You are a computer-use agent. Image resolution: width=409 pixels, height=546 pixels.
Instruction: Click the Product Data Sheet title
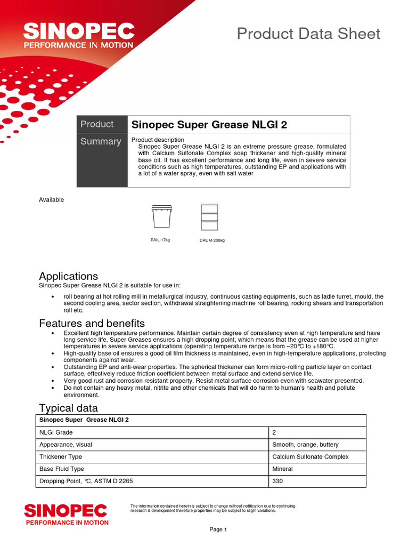[308, 34]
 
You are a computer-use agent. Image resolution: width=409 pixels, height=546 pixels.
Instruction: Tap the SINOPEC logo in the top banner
[78, 36]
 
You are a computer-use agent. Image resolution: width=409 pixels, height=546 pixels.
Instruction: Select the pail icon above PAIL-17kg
[160, 216]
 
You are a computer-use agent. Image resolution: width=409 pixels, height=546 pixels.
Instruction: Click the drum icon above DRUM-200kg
[209, 216]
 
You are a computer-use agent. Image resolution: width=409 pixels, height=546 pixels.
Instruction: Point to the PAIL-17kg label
[160, 240]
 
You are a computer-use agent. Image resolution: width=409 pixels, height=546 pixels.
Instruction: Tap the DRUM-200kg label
[212, 240]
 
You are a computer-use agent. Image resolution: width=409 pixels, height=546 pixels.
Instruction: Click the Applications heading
[68, 276]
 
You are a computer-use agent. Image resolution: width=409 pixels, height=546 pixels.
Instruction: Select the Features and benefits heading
[92, 323]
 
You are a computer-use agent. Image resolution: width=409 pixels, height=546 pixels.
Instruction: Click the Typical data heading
[68, 408]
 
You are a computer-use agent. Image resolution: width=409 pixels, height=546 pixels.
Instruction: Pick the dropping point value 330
[277, 481]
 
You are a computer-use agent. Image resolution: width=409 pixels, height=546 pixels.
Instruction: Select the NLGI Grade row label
[56, 432]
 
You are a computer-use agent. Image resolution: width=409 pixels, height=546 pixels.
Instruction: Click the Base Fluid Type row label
[62, 469]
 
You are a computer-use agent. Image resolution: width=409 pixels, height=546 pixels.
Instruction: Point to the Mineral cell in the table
[282, 469]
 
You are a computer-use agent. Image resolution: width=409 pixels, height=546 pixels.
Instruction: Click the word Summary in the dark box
[101, 141]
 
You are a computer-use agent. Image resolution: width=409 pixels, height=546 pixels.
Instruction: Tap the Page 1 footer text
[218, 529]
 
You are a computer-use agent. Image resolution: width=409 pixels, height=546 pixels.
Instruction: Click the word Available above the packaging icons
[51, 199]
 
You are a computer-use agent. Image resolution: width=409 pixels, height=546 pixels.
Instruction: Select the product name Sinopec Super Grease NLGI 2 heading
[209, 125]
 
